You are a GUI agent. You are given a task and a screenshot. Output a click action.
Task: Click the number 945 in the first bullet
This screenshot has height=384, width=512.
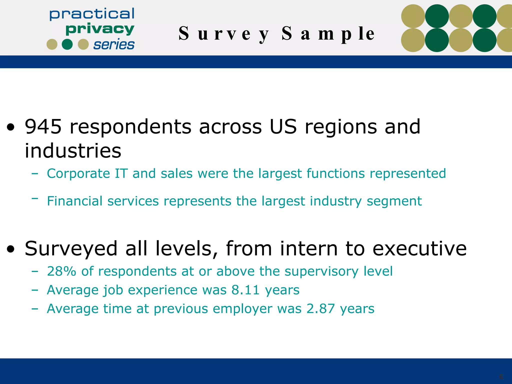[x=43, y=127]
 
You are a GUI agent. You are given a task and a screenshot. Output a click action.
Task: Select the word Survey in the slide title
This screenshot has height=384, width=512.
[x=224, y=34]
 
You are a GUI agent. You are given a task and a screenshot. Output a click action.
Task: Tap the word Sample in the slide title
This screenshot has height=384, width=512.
[x=328, y=34]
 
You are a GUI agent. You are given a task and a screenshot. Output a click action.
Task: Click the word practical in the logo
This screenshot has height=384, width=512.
[x=92, y=14]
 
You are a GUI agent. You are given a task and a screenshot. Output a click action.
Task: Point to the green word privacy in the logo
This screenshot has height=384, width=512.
[x=100, y=29]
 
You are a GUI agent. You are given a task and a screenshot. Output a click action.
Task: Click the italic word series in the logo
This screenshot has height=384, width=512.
[x=114, y=45]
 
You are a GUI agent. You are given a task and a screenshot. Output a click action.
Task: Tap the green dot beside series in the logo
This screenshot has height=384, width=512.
[x=67, y=44]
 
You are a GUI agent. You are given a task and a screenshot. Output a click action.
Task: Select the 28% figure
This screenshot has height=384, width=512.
[x=61, y=271]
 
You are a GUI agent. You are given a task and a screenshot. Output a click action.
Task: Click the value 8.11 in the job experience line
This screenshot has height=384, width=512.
[x=245, y=290]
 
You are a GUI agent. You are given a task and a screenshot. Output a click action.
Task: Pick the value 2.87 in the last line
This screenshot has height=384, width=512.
[x=320, y=309]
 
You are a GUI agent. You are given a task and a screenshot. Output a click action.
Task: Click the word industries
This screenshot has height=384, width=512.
[x=73, y=151]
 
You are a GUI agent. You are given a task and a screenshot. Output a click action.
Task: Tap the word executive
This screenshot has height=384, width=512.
[x=419, y=248]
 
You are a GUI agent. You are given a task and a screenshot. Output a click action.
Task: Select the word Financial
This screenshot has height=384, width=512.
[x=75, y=201]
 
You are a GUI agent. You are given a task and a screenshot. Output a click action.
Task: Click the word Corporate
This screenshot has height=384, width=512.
[x=78, y=173]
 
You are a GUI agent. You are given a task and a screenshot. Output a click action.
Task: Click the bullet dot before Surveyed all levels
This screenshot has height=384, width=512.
[x=11, y=249]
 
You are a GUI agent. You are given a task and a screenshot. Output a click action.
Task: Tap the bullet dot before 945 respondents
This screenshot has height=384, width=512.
[x=11, y=127]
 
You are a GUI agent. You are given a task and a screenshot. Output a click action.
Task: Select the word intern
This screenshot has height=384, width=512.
[x=309, y=248]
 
